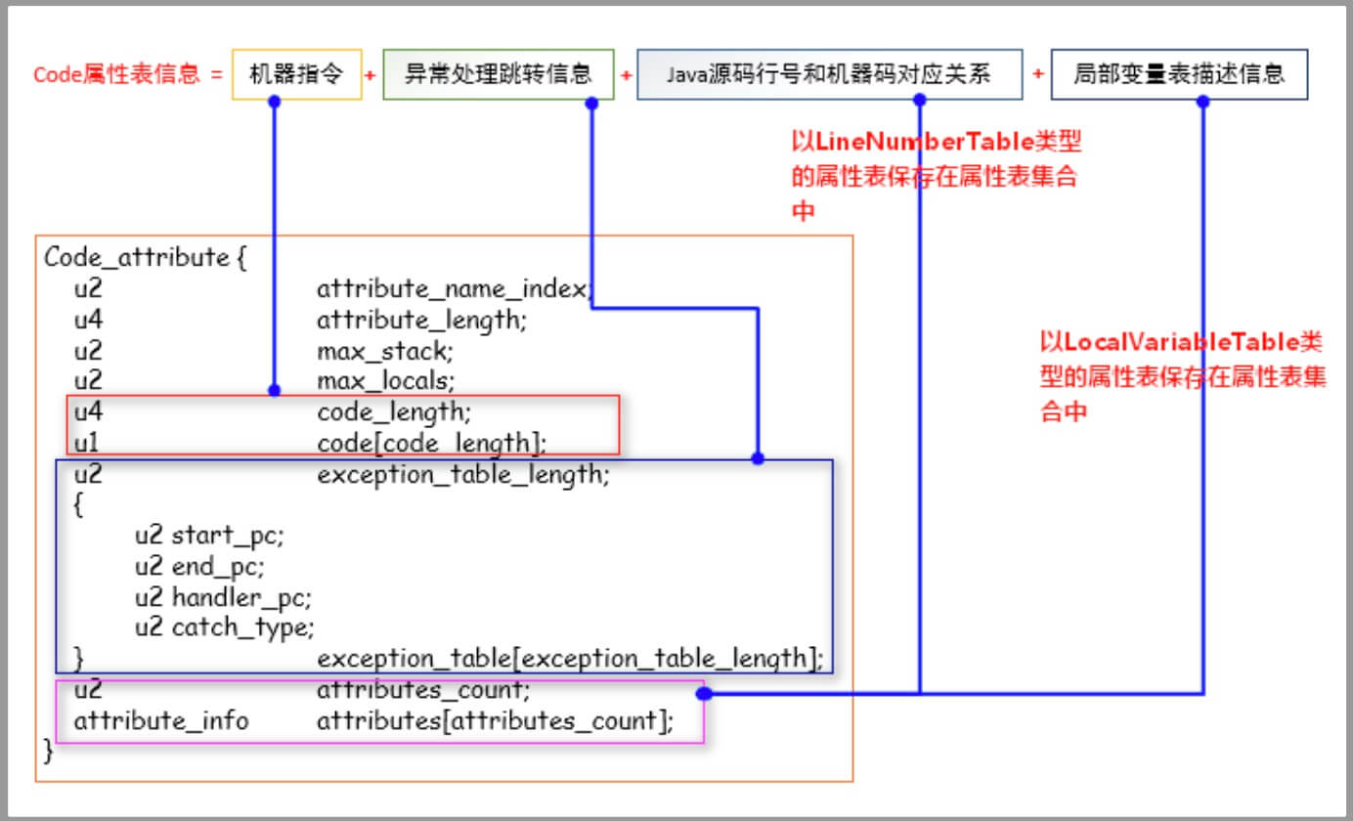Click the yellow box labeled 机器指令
(297, 74)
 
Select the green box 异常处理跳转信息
(498, 74)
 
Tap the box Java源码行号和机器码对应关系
(829, 74)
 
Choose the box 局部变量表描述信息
(1178, 74)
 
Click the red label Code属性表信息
(116, 75)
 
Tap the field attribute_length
(421, 319)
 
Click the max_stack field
(385, 349)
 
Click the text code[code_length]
(431, 442)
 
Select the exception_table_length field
(463, 475)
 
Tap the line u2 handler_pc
(223, 596)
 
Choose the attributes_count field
(423, 690)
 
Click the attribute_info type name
(161, 721)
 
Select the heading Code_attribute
(136, 258)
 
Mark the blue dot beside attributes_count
(703, 693)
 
